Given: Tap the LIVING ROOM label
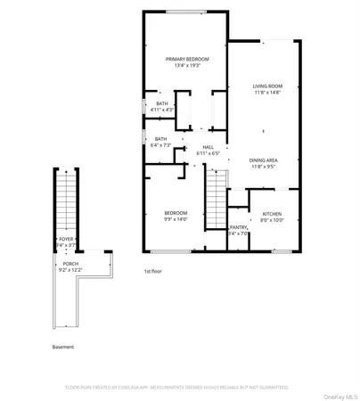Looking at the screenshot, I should [x=266, y=86].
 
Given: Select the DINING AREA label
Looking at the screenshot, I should [x=266, y=160].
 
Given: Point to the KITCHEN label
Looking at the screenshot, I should [x=272, y=214].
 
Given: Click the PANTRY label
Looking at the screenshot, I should [x=238, y=227].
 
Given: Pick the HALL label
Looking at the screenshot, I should [x=207, y=147].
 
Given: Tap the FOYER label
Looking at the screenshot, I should [x=66, y=240].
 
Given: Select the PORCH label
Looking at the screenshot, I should [x=70, y=264].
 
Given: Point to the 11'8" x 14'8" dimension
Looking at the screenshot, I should [x=266, y=93].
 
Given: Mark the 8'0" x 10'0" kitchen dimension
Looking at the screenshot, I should [x=272, y=221].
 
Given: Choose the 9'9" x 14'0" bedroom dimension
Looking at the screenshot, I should [x=176, y=220].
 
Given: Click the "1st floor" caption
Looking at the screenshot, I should [x=153, y=271].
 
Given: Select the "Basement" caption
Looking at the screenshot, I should [x=63, y=347].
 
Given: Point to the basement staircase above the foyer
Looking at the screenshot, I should [x=66, y=200].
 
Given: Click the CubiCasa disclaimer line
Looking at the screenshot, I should [x=180, y=387].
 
